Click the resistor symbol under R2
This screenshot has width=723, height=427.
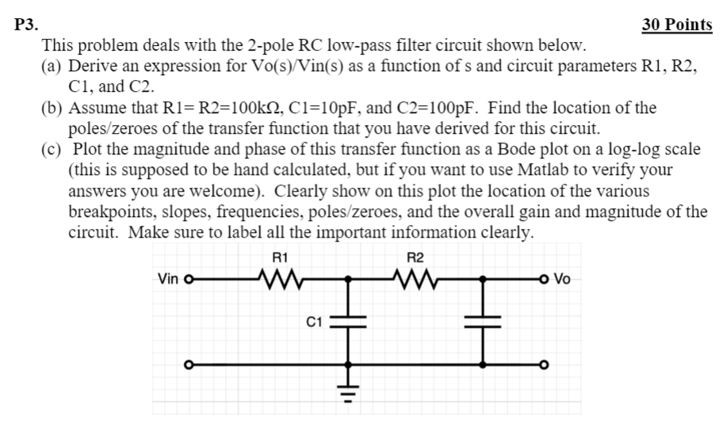pos(415,278)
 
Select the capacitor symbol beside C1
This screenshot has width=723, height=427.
pos(347,321)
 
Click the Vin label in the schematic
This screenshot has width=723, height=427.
pos(168,279)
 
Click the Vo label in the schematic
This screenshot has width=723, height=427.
pos(562,279)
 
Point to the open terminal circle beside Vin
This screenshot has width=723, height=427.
pos(189,279)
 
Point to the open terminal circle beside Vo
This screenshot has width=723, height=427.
pos(543,279)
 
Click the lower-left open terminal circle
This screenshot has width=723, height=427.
pos(189,365)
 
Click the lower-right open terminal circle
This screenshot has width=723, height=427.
pos(543,365)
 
